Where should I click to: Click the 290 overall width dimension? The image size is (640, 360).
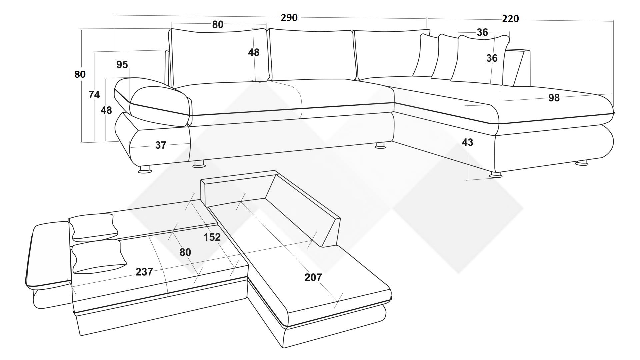pyautogui.click(x=289, y=18)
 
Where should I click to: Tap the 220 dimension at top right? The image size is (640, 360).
pyautogui.click(x=510, y=19)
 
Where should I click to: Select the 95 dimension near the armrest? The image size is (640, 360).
pyautogui.click(x=122, y=65)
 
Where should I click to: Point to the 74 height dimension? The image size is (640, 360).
pyautogui.click(x=94, y=95)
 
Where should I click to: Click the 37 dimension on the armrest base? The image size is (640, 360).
pyautogui.click(x=161, y=145)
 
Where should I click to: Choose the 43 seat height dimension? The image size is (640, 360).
pyautogui.click(x=467, y=142)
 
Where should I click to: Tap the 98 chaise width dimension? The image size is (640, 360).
pyautogui.click(x=554, y=98)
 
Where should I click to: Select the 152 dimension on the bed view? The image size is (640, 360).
pyautogui.click(x=212, y=237)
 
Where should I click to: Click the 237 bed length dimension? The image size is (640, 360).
pyautogui.click(x=144, y=272)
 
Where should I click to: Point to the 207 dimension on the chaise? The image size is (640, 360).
pyautogui.click(x=313, y=277)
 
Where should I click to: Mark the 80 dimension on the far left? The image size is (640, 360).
pyautogui.click(x=80, y=74)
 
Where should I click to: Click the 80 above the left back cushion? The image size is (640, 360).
pyautogui.click(x=218, y=24)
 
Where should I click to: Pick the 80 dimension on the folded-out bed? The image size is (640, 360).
pyautogui.click(x=185, y=252)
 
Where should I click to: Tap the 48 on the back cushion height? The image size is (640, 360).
pyautogui.click(x=253, y=52)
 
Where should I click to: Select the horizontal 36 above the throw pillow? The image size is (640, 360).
pyautogui.click(x=482, y=32)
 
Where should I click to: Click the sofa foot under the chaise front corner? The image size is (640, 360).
pyautogui.click(x=496, y=175)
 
